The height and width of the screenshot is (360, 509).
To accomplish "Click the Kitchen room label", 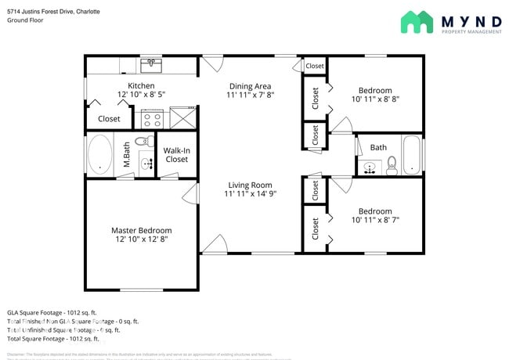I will pos(141,85).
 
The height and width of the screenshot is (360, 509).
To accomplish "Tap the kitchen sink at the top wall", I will pos(150,63).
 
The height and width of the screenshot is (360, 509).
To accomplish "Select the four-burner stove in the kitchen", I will pos(150,119).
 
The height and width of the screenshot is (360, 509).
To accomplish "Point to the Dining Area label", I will pos(250,85).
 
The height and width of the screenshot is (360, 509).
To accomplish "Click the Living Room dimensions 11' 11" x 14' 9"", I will pos(250,193).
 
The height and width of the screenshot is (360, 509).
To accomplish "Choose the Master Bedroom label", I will pos(141,230).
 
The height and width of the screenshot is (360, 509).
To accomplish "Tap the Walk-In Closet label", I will pos(177,154).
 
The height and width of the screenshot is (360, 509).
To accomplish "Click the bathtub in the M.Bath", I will pos(100,154).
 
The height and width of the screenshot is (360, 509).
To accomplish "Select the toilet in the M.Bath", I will pos(143,142).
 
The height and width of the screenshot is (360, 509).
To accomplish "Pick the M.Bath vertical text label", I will pos(127,154).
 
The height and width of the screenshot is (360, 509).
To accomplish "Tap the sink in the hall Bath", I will pos(370,166).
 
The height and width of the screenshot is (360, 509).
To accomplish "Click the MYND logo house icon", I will pos(417,22).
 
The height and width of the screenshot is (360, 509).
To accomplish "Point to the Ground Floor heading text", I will pos(25,20).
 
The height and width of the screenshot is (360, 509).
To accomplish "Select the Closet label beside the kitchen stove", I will pos(109,119).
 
